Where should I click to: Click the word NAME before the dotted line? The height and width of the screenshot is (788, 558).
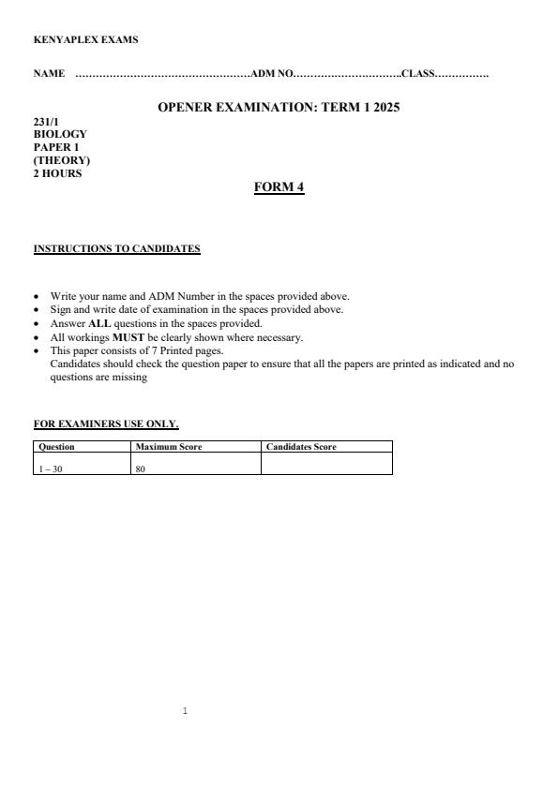point(49,74)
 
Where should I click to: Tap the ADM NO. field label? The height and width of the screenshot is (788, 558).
point(272,74)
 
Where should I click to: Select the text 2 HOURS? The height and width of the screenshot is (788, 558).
point(57,173)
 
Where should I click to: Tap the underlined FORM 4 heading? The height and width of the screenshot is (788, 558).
point(279,187)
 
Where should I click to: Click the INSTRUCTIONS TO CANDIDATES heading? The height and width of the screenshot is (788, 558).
point(116,249)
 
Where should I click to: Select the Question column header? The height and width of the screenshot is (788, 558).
point(56,447)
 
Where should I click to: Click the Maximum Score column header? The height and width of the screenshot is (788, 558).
point(169,447)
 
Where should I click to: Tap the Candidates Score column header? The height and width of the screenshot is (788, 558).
point(301,447)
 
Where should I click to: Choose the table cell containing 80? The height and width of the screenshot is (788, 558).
point(141,468)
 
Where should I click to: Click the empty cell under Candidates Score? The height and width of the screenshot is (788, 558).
point(325,464)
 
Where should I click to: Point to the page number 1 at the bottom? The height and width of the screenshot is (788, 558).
point(185,712)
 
